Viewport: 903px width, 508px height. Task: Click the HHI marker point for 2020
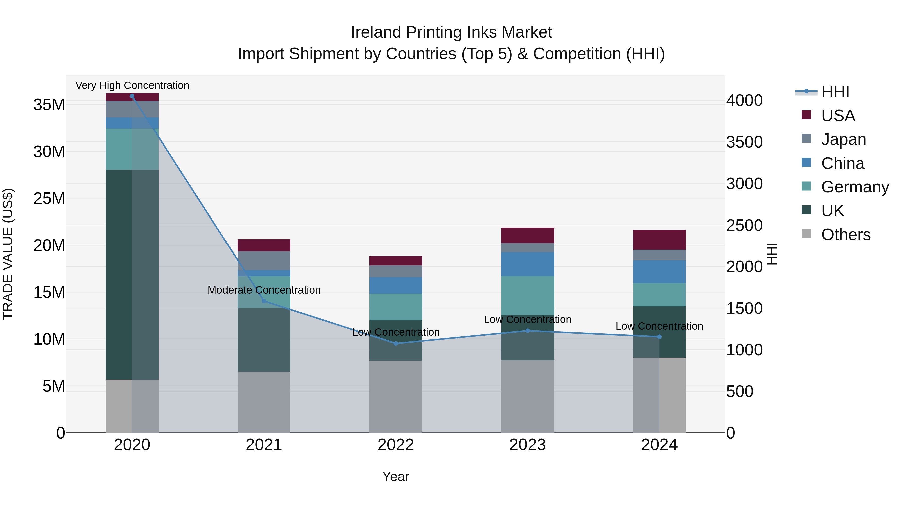(x=132, y=96)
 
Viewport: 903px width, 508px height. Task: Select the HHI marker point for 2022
(x=396, y=344)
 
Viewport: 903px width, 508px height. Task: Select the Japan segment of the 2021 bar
(x=264, y=260)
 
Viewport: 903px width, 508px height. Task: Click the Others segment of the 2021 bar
(x=264, y=402)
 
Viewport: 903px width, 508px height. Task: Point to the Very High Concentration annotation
(x=132, y=85)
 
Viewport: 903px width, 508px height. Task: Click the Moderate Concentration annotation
(x=264, y=290)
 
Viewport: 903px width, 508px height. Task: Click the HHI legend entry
(x=835, y=92)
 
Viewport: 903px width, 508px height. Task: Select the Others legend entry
(x=846, y=235)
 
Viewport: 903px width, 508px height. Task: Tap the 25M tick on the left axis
(x=49, y=198)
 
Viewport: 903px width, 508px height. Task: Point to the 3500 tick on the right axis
(x=744, y=142)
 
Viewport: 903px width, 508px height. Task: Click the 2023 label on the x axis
(x=527, y=445)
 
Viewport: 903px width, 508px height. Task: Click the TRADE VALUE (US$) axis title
(x=8, y=254)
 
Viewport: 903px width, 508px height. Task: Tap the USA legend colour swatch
(x=806, y=115)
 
